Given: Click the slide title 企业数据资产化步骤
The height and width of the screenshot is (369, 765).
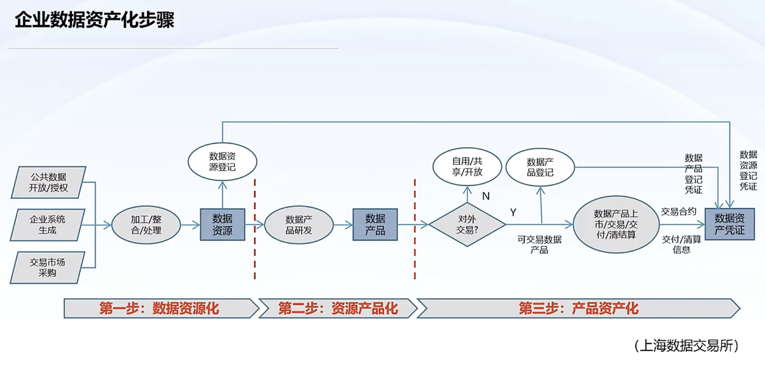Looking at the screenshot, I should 95,20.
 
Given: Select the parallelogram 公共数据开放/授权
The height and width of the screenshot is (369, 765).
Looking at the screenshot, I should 48,182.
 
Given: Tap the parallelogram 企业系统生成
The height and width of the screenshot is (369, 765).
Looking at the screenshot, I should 47,225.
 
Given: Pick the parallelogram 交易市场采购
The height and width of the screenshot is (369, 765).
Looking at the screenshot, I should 47,268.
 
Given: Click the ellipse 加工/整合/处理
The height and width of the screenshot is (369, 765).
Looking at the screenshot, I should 146,225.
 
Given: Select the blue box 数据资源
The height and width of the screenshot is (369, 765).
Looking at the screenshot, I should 222,224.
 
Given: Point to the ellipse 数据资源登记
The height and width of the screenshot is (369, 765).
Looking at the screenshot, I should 222,162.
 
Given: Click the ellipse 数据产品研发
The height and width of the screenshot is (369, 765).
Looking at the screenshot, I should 299,225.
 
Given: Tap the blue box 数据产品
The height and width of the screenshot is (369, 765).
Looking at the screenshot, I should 375,224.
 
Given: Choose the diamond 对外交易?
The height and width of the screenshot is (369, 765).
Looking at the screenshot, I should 467,224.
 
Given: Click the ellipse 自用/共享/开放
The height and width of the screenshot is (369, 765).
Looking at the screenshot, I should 467,166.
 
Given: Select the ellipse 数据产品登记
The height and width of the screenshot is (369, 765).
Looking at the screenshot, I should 540,167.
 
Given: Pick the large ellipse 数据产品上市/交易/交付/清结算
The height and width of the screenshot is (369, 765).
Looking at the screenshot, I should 616,224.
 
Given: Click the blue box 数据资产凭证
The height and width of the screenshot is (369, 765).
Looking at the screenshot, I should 729,224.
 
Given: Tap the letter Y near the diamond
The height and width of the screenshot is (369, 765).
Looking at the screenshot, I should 513,212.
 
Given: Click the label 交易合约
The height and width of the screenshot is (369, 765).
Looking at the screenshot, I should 679,212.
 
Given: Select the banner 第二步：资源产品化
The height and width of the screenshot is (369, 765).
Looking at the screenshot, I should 338,308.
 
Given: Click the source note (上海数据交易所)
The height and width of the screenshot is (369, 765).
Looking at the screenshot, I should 686,346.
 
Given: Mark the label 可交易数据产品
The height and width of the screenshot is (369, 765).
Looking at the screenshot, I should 539,244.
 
